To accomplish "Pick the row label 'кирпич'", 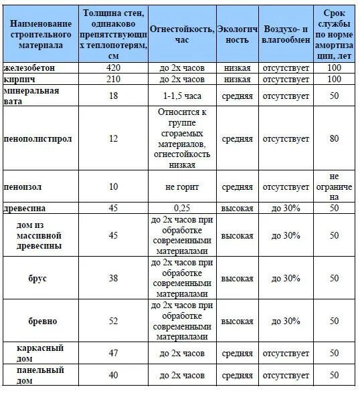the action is pyautogui.click(x=19, y=79).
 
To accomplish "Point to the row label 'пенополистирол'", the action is pyautogui.click(x=37, y=138).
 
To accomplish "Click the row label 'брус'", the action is pyautogui.click(x=38, y=278).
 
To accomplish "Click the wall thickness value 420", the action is pyautogui.click(x=113, y=68).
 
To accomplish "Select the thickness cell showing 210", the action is pyautogui.click(x=113, y=79).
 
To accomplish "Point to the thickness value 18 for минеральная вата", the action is pyautogui.click(x=113, y=96).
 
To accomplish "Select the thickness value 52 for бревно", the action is pyautogui.click(x=113, y=321).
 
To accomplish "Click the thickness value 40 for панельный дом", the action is pyautogui.click(x=113, y=375).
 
